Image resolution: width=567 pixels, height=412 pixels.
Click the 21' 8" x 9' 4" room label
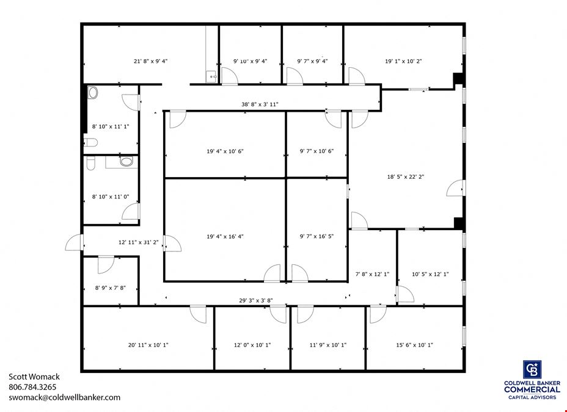[150, 61]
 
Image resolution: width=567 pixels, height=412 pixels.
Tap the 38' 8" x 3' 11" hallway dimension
[260, 104]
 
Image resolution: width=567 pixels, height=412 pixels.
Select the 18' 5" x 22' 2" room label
[405, 176]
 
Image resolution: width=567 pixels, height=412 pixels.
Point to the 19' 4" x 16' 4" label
[225, 236]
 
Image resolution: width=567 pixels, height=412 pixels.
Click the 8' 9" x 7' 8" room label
[111, 287]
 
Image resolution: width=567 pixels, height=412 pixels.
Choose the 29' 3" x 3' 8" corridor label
[255, 300]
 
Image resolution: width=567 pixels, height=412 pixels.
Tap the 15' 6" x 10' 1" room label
[414, 345]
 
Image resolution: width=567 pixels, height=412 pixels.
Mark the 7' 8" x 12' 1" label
[372, 274]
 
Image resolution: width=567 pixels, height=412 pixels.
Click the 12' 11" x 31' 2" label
[139, 242]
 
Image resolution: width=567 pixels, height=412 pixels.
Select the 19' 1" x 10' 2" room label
[403, 61]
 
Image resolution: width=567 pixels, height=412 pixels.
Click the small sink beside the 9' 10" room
[211, 77]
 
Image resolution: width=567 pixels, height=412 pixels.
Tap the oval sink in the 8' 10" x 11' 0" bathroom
[126, 161]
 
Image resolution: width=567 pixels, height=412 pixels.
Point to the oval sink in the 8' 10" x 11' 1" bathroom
[93, 93]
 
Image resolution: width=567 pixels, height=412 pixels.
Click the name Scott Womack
[34, 377]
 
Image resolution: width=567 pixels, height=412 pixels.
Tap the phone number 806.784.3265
[32, 387]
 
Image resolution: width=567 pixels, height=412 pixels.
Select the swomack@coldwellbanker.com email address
[64, 397]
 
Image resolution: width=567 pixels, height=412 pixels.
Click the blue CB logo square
[532, 369]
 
